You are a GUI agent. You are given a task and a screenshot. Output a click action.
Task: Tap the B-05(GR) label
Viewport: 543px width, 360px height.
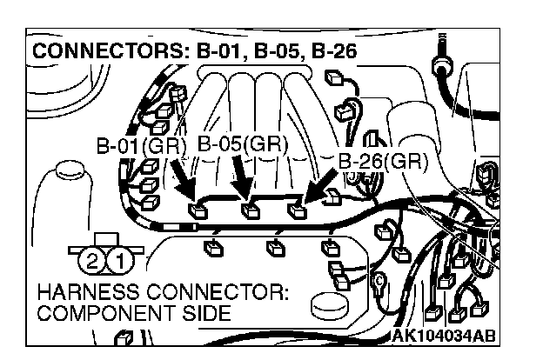point(243,143)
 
